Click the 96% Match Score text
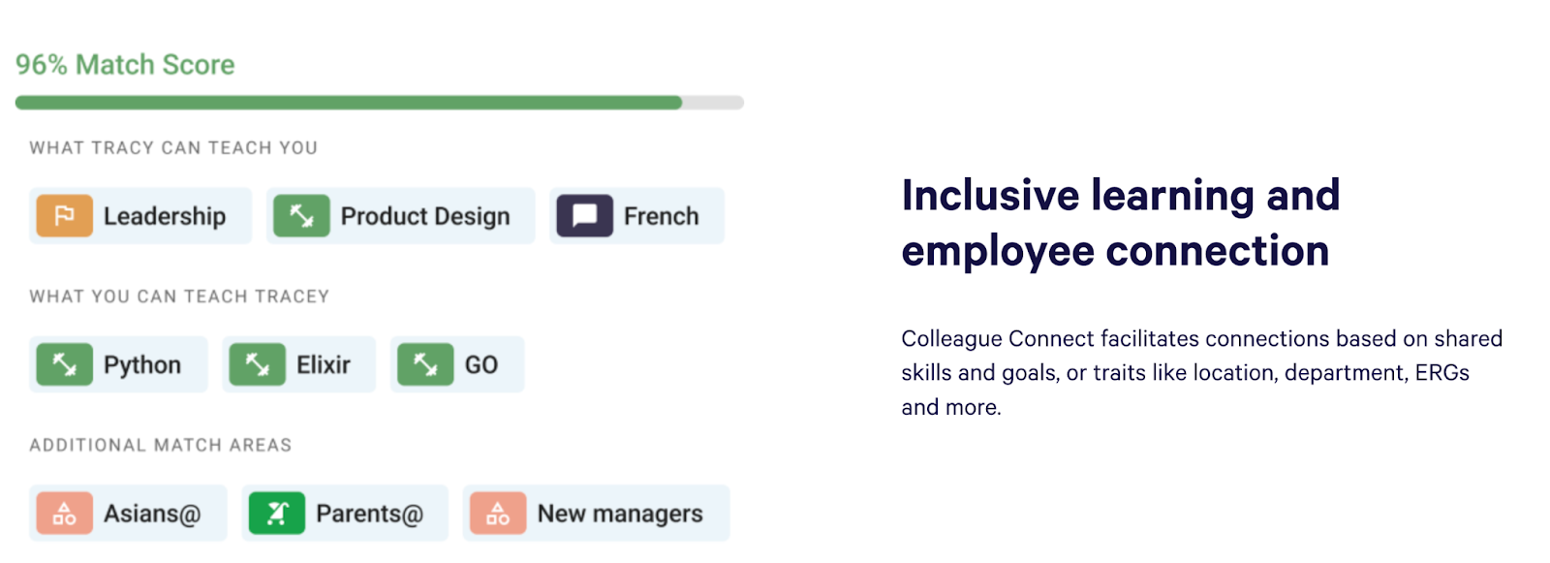point(125,65)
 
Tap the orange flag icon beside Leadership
point(64,216)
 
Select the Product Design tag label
point(424,216)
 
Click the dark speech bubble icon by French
point(584,216)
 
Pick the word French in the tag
point(661,216)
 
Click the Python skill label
point(142,365)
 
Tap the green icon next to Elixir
point(257,365)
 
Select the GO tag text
point(481,365)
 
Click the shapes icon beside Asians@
point(64,514)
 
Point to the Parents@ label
point(369,514)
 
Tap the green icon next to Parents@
point(277,514)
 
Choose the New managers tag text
point(620,514)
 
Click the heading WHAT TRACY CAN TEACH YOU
point(173,148)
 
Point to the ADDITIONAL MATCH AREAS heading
point(160,446)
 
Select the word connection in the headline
point(1218,252)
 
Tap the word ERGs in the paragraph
point(1441,373)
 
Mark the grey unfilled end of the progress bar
point(713,103)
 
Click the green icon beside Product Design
point(301,216)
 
